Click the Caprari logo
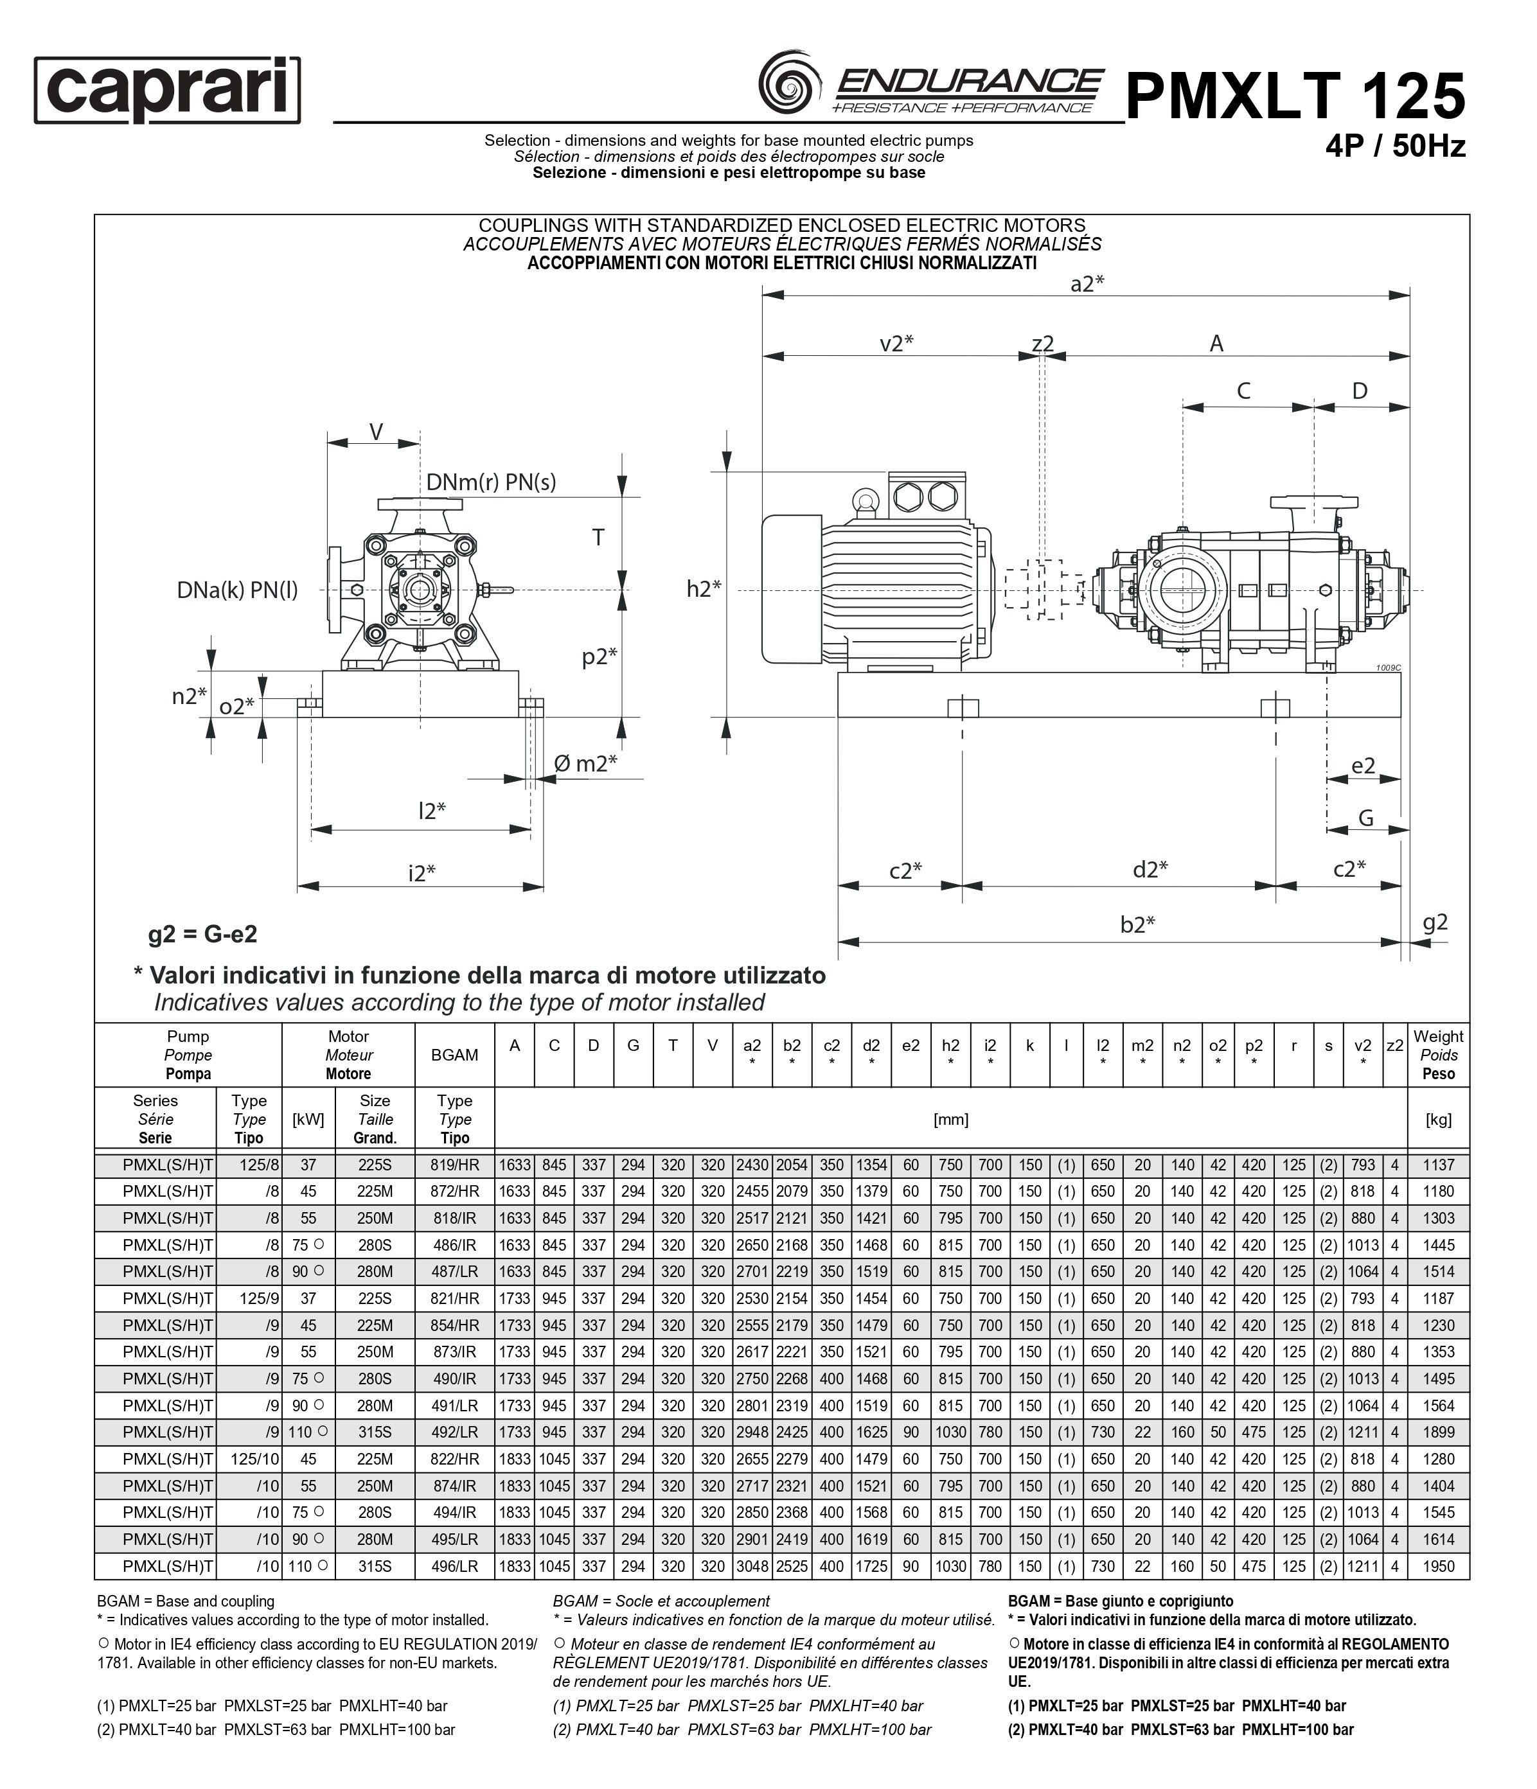pyautogui.click(x=168, y=90)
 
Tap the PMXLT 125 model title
pyautogui.click(x=1295, y=95)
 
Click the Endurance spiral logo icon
pyautogui.click(x=788, y=83)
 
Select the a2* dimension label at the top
pyautogui.click(x=1087, y=283)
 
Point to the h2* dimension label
pyautogui.click(x=704, y=589)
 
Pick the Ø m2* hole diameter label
pyautogui.click(x=585, y=763)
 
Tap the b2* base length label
pyautogui.click(x=1137, y=925)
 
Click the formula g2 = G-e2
pyautogui.click(x=203, y=934)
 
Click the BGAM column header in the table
pyautogui.click(x=454, y=1055)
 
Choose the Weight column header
pyautogui.click(x=1437, y=1055)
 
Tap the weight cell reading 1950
pyautogui.click(x=1437, y=1566)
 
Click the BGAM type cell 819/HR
pyautogui.click(x=454, y=1165)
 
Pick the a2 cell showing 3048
pyautogui.click(x=751, y=1566)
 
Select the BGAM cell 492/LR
pyautogui.click(x=454, y=1432)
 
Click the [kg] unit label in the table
pyautogui.click(x=1437, y=1120)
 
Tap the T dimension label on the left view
pyautogui.click(x=598, y=538)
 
